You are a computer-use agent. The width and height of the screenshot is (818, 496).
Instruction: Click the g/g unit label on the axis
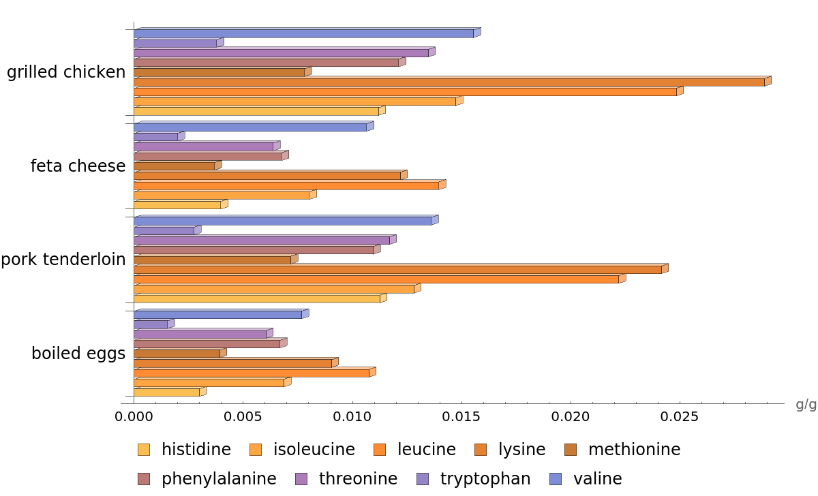click(806, 405)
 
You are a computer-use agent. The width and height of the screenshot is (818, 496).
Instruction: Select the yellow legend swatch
click(143, 450)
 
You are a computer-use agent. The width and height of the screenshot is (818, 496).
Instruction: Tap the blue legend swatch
click(556, 479)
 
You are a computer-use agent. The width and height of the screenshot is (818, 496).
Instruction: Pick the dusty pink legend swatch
click(143, 479)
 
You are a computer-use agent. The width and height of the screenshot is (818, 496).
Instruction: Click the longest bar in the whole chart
click(450, 82)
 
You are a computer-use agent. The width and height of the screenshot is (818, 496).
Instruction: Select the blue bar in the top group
click(304, 33)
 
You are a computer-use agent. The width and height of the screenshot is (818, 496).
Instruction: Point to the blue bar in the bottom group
click(218, 315)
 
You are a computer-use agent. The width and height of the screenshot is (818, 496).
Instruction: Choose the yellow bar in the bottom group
click(167, 392)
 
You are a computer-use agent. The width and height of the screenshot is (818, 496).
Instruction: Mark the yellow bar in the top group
click(256, 111)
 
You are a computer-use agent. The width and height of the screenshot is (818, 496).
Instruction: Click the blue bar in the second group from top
click(250, 127)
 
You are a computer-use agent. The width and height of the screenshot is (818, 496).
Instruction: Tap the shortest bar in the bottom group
click(151, 324)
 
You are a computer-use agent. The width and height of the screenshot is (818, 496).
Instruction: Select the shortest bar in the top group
click(176, 44)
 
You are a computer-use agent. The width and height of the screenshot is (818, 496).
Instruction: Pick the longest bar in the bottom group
click(252, 373)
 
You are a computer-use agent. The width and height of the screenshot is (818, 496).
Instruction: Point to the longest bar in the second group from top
click(286, 185)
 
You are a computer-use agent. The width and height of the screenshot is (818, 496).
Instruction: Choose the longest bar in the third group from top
click(398, 269)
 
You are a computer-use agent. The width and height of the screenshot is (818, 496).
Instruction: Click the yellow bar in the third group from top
click(257, 298)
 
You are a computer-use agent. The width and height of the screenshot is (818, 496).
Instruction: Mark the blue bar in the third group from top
click(283, 221)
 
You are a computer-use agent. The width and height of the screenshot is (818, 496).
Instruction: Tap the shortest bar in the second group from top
click(156, 137)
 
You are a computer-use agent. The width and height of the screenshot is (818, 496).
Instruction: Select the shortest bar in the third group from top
click(164, 231)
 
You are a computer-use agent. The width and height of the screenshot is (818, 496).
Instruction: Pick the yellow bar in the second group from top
click(178, 205)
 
